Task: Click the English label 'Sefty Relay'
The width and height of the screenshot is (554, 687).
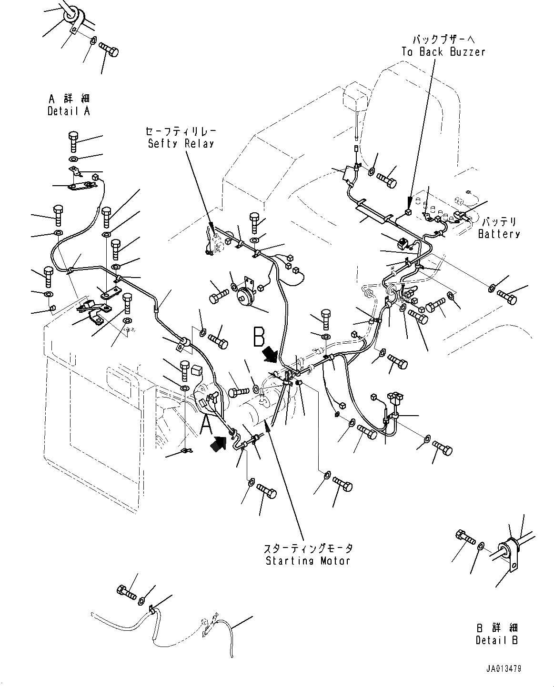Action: click(181, 143)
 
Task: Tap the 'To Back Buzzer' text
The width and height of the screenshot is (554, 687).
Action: click(443, 52)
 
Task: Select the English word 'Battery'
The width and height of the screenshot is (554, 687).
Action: click(499, 234)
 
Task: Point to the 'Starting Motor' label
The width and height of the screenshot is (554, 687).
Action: click(308, 560)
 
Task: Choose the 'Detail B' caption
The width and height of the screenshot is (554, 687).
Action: click(496, 640)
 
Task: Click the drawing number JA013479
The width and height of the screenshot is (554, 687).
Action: click(504, 669)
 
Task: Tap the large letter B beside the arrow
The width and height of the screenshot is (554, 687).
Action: click(259, 337)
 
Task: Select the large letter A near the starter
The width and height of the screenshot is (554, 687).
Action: click(205, 425)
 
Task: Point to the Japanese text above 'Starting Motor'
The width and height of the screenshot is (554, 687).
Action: click(309, 548)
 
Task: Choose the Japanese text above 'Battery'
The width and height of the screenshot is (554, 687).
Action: click(499, 222)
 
